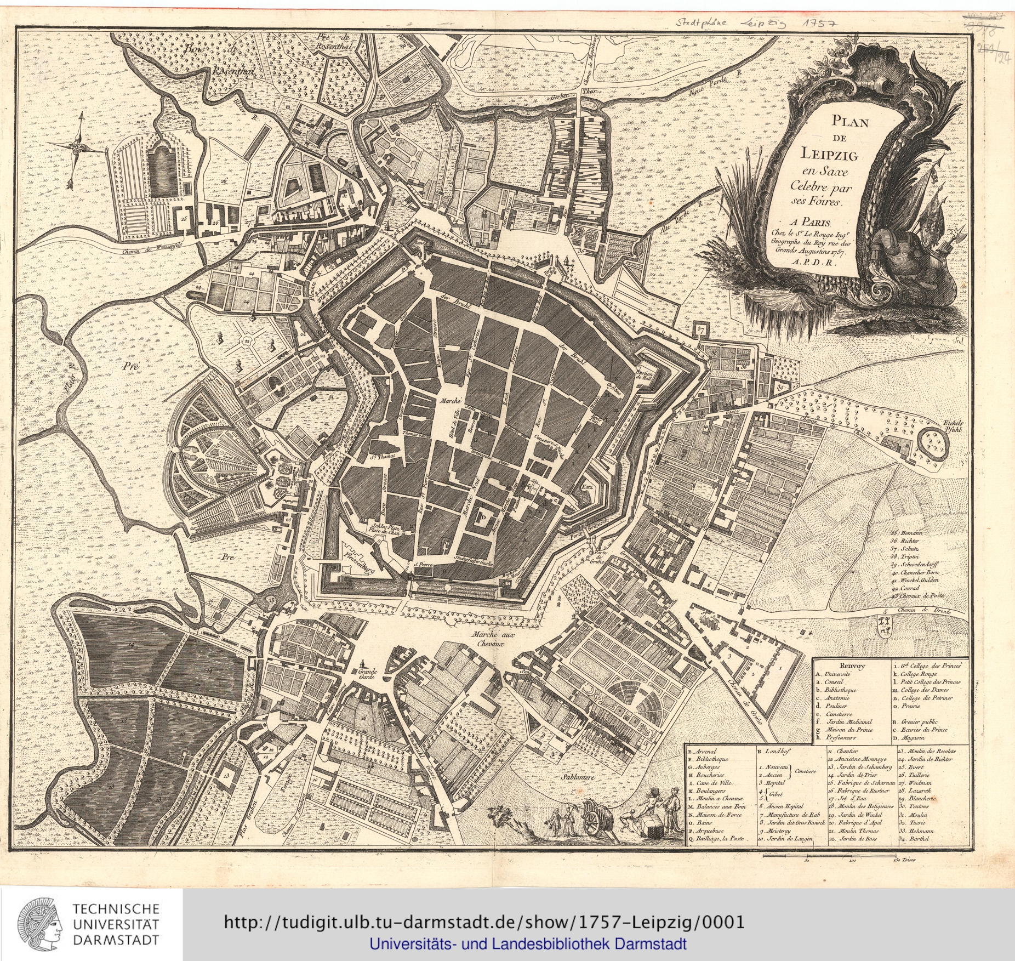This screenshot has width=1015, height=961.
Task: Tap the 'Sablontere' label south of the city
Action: pyautogui.click(x=574, y=777)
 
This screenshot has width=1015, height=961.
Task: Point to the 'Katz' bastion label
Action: pyautogui.click(x=588, y=487)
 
